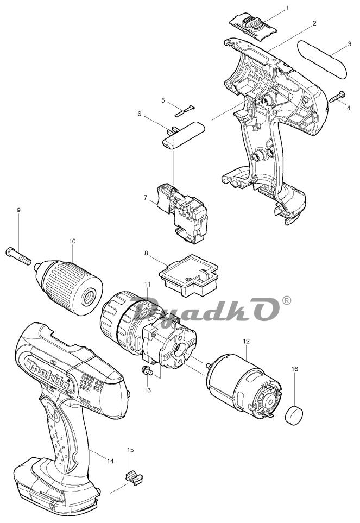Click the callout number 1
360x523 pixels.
pos(288,8)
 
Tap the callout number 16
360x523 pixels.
pos(294,369)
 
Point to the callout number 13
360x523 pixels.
pos(148,389)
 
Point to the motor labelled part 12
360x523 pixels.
pos(244,387)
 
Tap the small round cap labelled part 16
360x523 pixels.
pos(294,415)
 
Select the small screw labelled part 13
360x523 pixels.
pos(147,370)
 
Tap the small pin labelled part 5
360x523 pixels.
pos(184,111)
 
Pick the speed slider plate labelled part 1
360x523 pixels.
pos(254,25)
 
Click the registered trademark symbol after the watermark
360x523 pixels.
pos(286,300)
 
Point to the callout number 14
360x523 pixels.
pos(110,461)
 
